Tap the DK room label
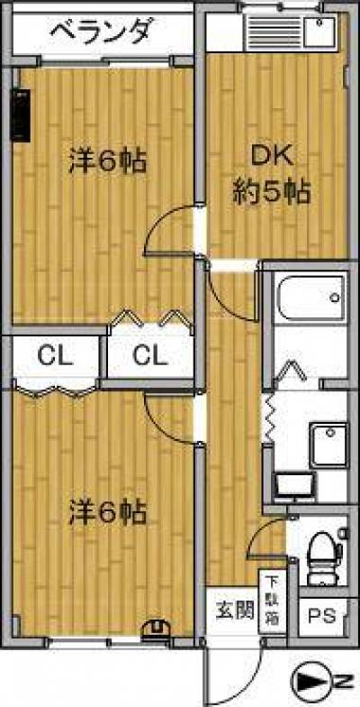[x=272, y=157]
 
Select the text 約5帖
[x=272, y=193]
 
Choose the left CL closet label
[x=55, y=356]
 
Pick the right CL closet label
[x=150, y=356]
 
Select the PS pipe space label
[x=322, y=616]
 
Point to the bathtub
[x=310, y=297]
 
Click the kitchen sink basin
[x=319, y=32]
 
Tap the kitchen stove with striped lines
[x=274, y=32]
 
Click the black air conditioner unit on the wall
[x=20, y=115]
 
